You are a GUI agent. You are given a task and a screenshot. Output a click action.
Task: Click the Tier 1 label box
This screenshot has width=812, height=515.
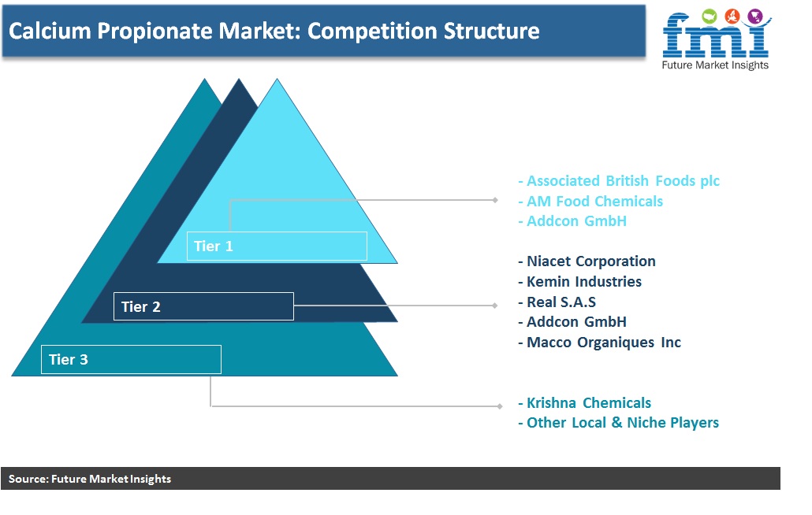pos(277,246)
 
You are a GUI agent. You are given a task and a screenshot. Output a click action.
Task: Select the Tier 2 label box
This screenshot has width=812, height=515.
pos(203,306)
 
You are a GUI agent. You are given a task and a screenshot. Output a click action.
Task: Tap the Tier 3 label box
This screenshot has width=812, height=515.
pos(131,359)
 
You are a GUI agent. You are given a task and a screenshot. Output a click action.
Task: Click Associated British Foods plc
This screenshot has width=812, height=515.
pos(619,181)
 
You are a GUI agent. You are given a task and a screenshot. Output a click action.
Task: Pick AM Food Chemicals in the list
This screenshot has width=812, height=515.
pos(590,201)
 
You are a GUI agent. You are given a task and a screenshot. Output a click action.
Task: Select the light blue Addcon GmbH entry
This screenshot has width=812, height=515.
pos(572,220)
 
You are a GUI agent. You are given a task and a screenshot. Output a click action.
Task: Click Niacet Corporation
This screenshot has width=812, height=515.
pos(587,261)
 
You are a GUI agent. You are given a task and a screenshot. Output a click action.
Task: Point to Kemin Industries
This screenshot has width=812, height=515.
pos(580,281)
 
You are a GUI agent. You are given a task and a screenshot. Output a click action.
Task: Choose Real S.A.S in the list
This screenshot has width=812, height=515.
pos(557,302)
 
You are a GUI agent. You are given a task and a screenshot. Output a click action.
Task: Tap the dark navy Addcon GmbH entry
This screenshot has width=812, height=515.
pos(572,321)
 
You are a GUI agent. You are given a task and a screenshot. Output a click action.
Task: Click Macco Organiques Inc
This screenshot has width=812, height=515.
pos(600,343)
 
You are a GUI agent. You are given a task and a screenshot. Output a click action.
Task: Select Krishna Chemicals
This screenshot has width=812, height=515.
pos(585,403)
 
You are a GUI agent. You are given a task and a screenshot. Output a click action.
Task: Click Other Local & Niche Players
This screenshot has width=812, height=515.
pos(618,423)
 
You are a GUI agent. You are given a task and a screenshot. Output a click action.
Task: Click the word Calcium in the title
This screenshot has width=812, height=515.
pos(50,31)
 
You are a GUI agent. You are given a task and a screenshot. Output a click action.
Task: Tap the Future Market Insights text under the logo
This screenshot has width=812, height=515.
pos(715,65)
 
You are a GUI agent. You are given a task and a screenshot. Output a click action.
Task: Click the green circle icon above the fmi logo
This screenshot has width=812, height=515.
pos(709,17)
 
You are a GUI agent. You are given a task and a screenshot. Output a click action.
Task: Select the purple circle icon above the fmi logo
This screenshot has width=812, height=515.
pos(755,17)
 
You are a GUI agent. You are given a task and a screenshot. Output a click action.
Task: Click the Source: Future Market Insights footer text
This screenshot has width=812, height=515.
pos(90,479)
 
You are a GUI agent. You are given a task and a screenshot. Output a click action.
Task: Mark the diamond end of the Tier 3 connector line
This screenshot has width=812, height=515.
pos(499,406)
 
